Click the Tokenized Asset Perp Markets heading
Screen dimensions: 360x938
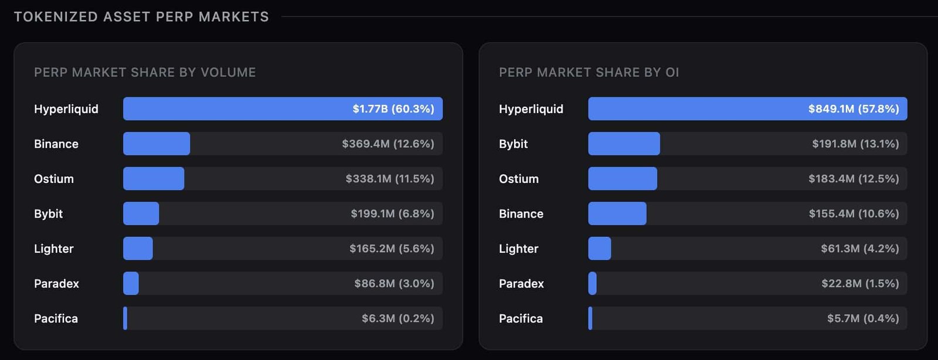141,16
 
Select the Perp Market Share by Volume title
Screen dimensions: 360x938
145,72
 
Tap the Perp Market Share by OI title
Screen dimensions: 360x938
589,72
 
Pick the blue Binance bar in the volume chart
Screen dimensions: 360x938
157,144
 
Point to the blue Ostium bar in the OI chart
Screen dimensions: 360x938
623,179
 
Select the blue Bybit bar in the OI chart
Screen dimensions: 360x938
624,144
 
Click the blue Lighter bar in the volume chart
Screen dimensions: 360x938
138,249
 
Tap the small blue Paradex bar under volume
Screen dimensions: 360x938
131,283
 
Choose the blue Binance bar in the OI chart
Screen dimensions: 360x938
617,213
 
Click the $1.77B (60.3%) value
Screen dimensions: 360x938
393,108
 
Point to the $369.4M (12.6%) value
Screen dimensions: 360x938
388,144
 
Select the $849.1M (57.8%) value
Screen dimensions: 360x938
854,108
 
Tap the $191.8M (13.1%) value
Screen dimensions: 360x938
855,144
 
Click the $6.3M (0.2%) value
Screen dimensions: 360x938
398,318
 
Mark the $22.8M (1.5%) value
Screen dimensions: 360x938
860,283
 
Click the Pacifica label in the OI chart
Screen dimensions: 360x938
521,318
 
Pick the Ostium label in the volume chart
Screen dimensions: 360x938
54,179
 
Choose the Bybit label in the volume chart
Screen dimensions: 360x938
48,213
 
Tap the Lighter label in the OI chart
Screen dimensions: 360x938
518,249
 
